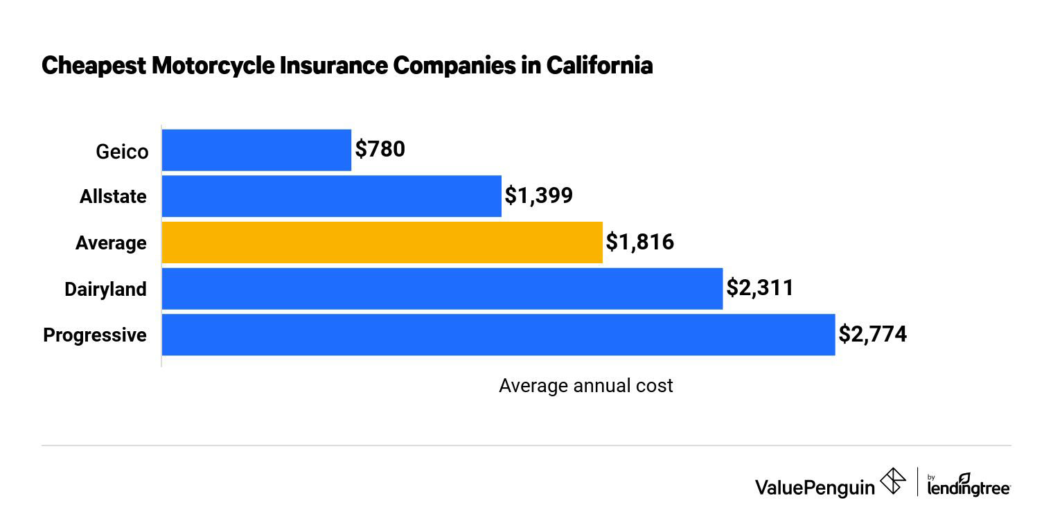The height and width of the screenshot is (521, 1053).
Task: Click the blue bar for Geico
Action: click(x=256, y=150)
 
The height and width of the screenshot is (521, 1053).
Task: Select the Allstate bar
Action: click(x=331, y=196)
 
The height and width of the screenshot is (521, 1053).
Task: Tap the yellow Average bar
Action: click(x=382, y=242)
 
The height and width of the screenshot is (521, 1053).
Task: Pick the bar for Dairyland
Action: click(x=442, y=288)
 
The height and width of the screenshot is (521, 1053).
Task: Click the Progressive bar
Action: click(x=498, y=335)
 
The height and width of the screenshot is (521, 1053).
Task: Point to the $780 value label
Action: click(x=380, y=150)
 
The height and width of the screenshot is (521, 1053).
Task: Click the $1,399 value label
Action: click(x=538, y=196)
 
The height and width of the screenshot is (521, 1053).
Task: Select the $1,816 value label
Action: click(x=639, y=242)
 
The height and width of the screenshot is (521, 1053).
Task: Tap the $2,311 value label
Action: click(x=759, y=288)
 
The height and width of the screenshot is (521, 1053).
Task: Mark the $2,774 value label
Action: click(x=872, y=335)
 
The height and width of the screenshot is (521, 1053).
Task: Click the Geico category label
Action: click(x=122, y=151)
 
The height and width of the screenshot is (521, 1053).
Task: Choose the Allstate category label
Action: click(x=113, y=197)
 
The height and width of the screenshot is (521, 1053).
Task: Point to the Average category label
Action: click(x=111, y=243)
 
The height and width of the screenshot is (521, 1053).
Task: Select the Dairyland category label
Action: click(x=105, y=289)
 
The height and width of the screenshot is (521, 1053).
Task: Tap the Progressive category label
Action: click(x=95, y=335)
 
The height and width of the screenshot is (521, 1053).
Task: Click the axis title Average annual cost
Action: click(x=585, y=386)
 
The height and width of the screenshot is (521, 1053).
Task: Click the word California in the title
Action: click(x=599, y=66)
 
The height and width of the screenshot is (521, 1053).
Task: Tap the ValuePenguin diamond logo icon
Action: click(x=892, y=482)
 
